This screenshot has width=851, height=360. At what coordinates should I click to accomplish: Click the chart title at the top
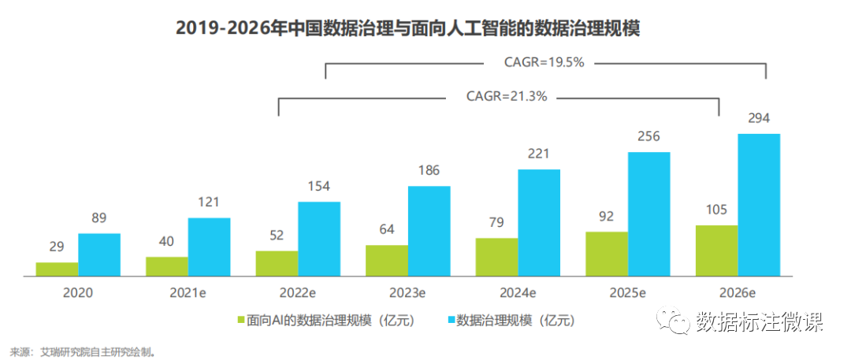tap(407, 28)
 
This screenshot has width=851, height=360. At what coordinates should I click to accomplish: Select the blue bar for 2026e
tap(758, 205)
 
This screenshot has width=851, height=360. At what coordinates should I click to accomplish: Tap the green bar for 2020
tap(57, 269)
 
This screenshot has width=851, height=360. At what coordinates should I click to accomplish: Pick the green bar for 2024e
tap(496, 257)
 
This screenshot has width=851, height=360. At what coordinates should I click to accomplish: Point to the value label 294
tap(758, 118)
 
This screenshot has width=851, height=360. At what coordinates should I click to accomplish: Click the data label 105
tap(716, 210)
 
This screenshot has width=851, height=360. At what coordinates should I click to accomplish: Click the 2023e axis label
tap(407, 293)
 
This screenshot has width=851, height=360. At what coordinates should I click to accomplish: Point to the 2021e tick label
tap(188, 293)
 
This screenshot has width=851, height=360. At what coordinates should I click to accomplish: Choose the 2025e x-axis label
tap(627, 293)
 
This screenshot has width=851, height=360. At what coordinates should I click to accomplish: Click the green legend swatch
tap(241, 321)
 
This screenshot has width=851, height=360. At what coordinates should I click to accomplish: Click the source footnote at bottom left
tap(82, 351)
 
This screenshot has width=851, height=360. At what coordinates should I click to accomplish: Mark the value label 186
tap(429, 170)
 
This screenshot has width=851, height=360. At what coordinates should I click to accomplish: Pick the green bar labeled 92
tap(606, 254)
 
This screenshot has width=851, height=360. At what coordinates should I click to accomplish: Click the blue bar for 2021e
tap(209, 247)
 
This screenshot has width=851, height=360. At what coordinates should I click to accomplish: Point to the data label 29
tap(57, 247)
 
